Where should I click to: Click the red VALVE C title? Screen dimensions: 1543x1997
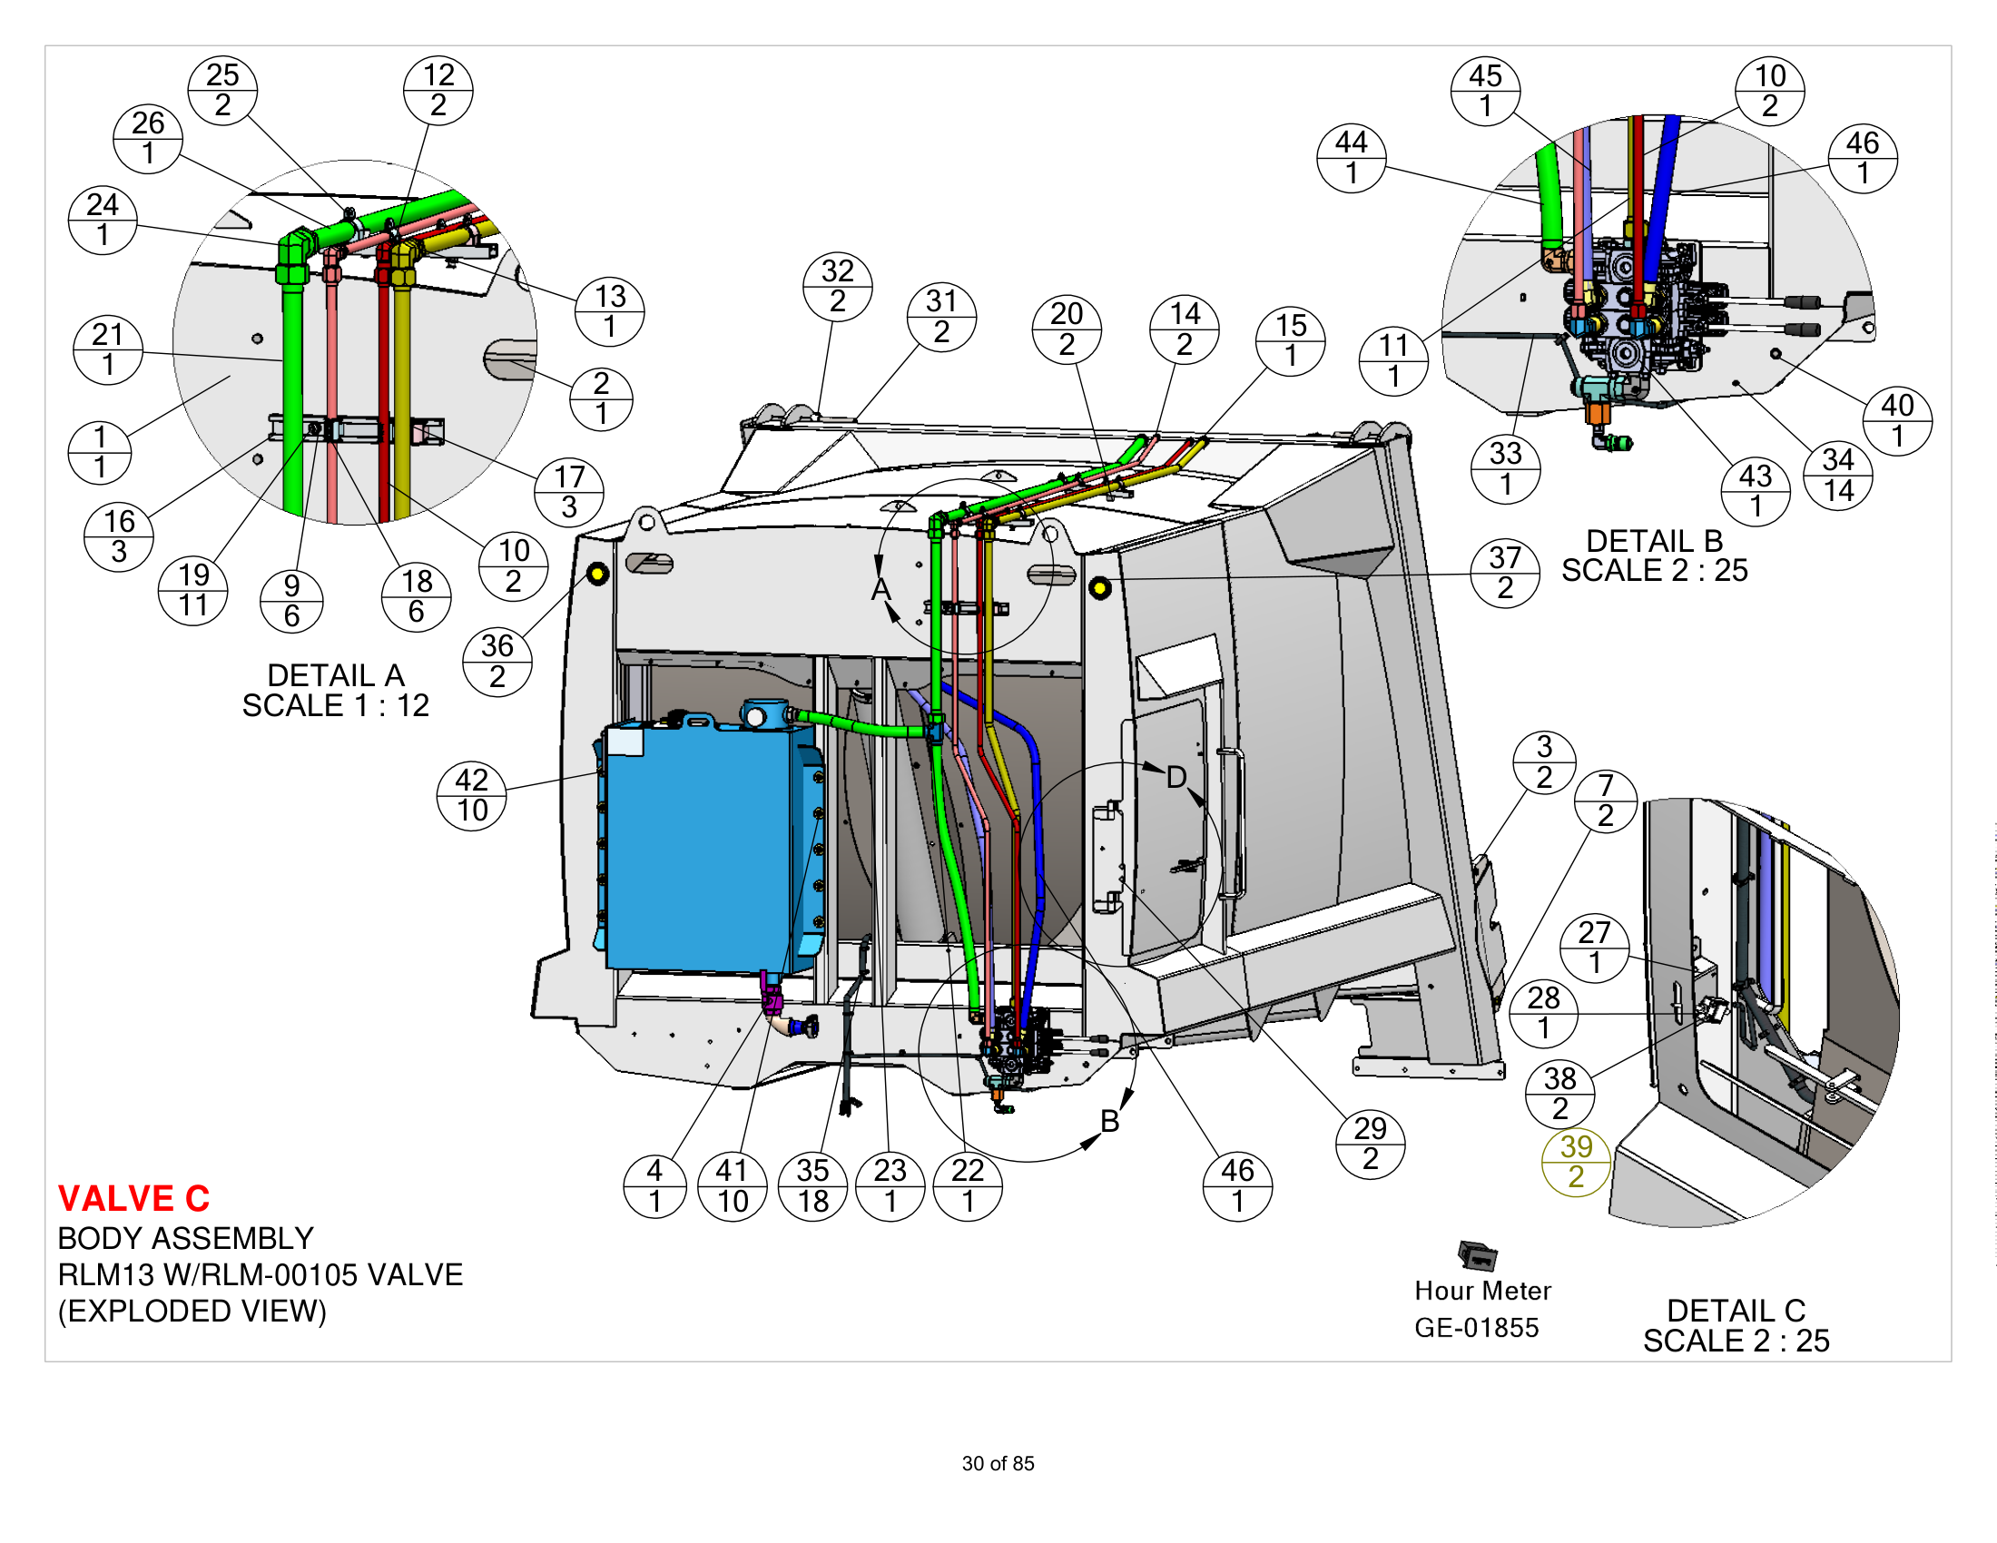pyautogui.click(x=133, y=1198)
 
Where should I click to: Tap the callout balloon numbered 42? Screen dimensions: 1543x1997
pyautogui.click(x=472, y=795)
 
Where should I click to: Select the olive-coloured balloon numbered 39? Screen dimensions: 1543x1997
pyautogui.click(x=1576, y=1162)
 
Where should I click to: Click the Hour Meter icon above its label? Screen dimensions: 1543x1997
pyautogui.click(x=1478, y=1256)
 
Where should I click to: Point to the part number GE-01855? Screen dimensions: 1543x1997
pyautogui.click(x=1477, y=1327)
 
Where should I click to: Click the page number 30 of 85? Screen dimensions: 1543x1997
pyautogui.click(x=998, y=1463)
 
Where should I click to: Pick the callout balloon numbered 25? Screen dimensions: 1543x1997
pyautogui.click(x=222, y=90)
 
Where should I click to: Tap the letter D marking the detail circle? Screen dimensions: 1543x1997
pyautogui.click(x=1176, y=778)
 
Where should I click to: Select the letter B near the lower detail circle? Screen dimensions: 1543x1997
pyautogui.click(x=1110, y=1121)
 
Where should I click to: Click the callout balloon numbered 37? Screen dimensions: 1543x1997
pyautogui.click(x=1505, y=572)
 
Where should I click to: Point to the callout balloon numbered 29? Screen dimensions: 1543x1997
pyautogui.click(x=1370, y=1144)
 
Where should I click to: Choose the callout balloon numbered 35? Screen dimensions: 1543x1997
pyautogui.click(x=813, y=1185)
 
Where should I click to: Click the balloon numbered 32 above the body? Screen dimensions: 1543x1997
pyautogui.click(x=838, y=286)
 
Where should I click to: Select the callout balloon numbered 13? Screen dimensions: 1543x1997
pyautogui.click(x=610, y=311)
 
